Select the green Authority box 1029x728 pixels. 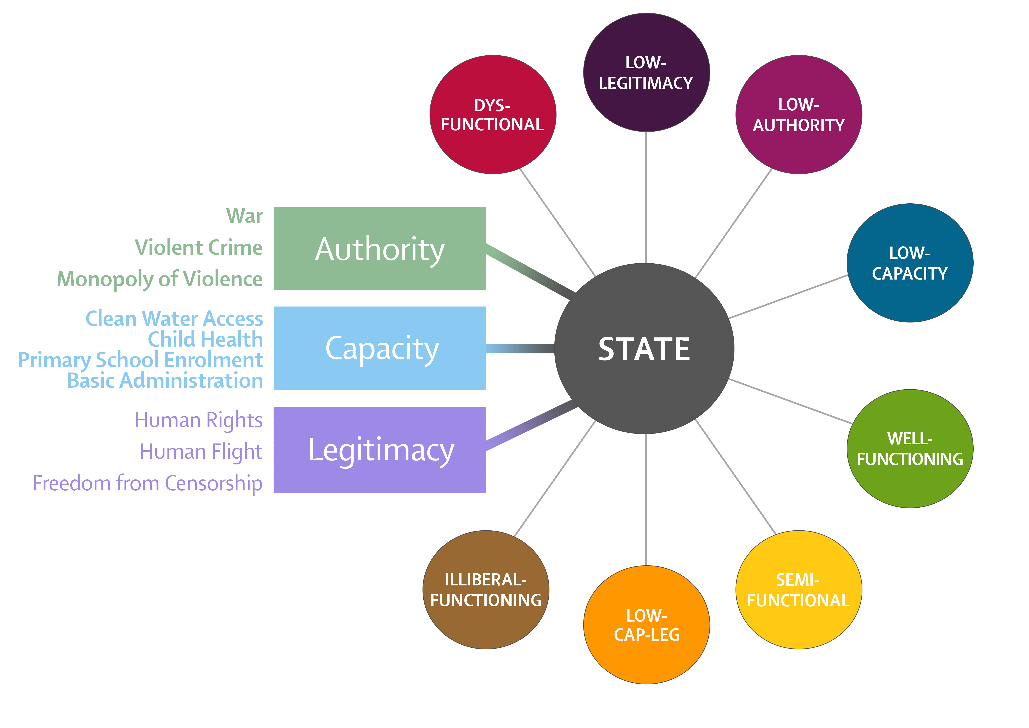click(380, 249)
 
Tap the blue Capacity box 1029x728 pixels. click(380, 348)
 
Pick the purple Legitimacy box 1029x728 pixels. click(380, 450)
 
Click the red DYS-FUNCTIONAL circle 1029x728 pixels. click(492, 115)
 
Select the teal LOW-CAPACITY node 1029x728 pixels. click(909, 263)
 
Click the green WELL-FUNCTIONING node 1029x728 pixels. click(909, 449)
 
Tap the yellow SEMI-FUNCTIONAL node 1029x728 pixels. click(798, 590)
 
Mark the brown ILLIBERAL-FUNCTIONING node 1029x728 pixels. click(486, 590)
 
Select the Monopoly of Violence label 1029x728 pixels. click(160, 279)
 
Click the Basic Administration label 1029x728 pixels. click(164, 381)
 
